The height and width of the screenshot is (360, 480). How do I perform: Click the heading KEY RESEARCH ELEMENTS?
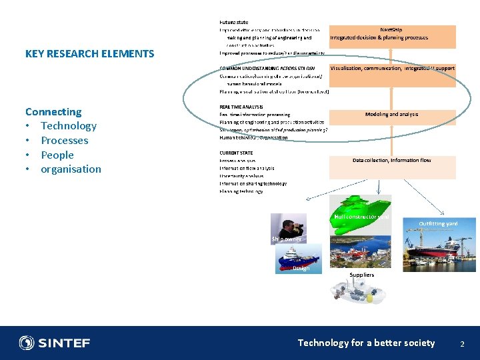coord(89,54)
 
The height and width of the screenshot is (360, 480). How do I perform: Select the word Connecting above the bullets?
coord(53,111)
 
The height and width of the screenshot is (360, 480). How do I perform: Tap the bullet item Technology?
coord(69,126)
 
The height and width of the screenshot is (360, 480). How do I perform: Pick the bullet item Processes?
coord(64,141)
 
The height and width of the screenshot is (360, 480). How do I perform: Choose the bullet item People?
coord(57,155)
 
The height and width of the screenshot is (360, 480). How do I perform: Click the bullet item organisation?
coord(71,169)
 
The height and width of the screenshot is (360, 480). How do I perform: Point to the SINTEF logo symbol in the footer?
coord(27,343)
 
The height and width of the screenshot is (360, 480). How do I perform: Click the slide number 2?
coord(461,343)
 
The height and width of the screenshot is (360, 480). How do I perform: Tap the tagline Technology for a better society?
coord(366,343)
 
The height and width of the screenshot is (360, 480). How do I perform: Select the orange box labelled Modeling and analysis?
coord(392,115)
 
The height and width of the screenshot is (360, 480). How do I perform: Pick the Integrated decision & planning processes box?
coord(392,37)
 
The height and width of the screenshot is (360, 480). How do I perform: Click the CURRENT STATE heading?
coord(235,153)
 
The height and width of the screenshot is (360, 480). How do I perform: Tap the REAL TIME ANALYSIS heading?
coord(241,107)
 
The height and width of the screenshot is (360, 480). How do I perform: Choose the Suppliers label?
coord(362,275)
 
